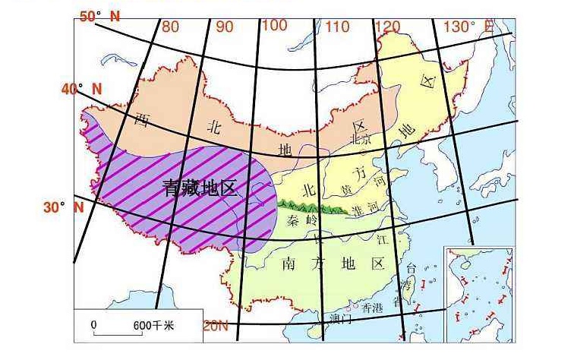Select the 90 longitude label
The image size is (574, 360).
(x=224, y=27)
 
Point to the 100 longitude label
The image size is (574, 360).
(x=274, y=25)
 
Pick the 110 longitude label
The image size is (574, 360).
(x=337, y=27)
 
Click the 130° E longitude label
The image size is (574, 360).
(x=468, y=27)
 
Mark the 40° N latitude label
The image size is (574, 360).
(x=82, y=90)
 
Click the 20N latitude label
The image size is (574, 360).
(x=216, y=327)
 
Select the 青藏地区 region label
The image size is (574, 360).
(x=200, y=190)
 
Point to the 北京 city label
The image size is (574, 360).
(x=360, y=140)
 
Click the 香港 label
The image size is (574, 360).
(x=373, y=308)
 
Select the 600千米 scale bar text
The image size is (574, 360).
(x=153, y=324)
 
